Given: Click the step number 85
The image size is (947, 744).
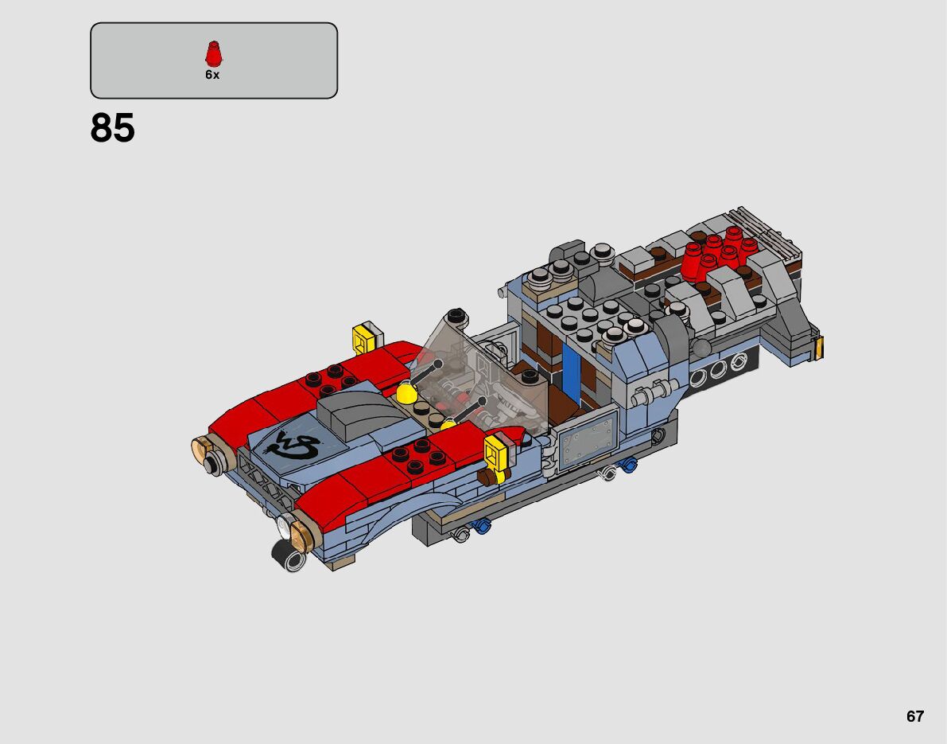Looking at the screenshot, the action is (112, 128).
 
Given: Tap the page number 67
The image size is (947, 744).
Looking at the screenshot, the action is (915, 716).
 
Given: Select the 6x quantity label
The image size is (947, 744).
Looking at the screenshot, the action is (212, 75).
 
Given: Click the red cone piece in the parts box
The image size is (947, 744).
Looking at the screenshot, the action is (213, 54).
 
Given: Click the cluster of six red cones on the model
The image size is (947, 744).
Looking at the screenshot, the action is (720, 253).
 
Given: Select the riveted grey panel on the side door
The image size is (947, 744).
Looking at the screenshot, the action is (586, 438).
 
